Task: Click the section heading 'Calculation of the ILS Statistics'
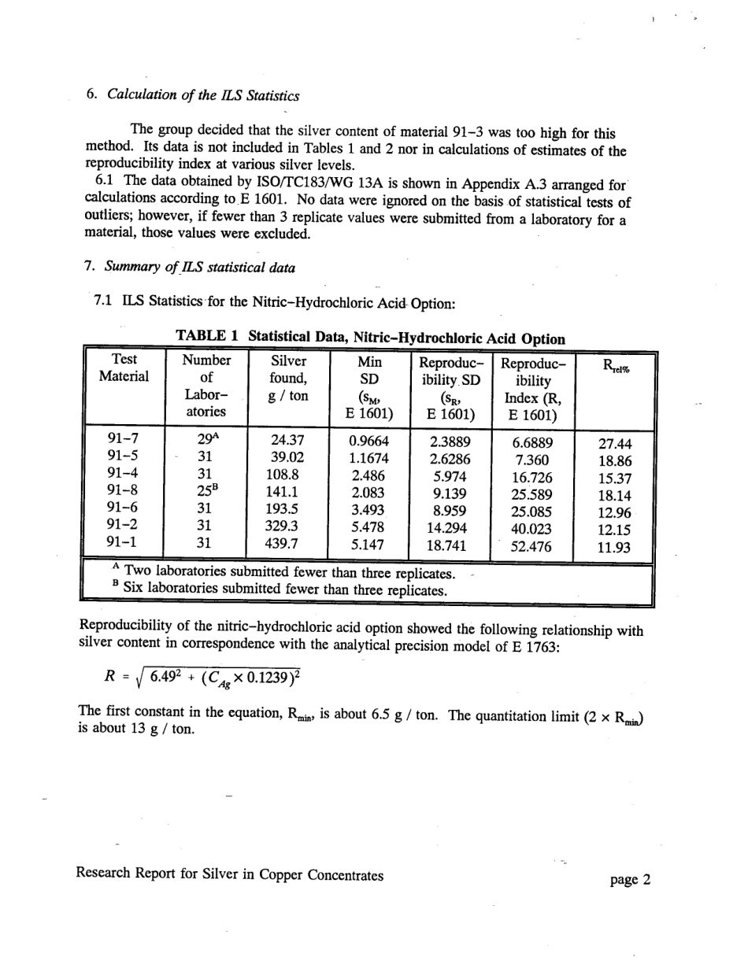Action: [x=203, y=96]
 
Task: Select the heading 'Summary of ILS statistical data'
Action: [x=197, y=267]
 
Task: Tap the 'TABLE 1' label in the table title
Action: [x=207, y=338]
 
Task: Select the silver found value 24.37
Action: [x=287, y=441]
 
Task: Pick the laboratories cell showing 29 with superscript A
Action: [x=207, y=440]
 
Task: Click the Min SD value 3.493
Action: [x=368, y=510]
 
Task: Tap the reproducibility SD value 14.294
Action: [x=451, y=528]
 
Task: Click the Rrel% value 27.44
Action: [x=615, y=443]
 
